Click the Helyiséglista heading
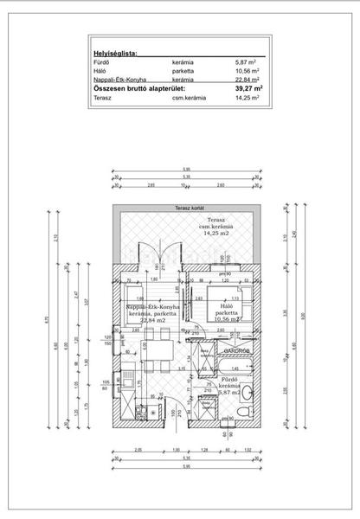[x=115, y=53]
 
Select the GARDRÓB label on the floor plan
[x=235, y=351]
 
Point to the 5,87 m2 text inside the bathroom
[x=229, y=392]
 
